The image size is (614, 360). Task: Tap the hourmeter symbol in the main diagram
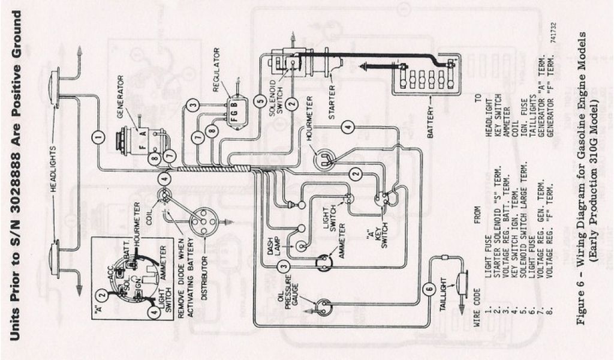click(x=326, y=158)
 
